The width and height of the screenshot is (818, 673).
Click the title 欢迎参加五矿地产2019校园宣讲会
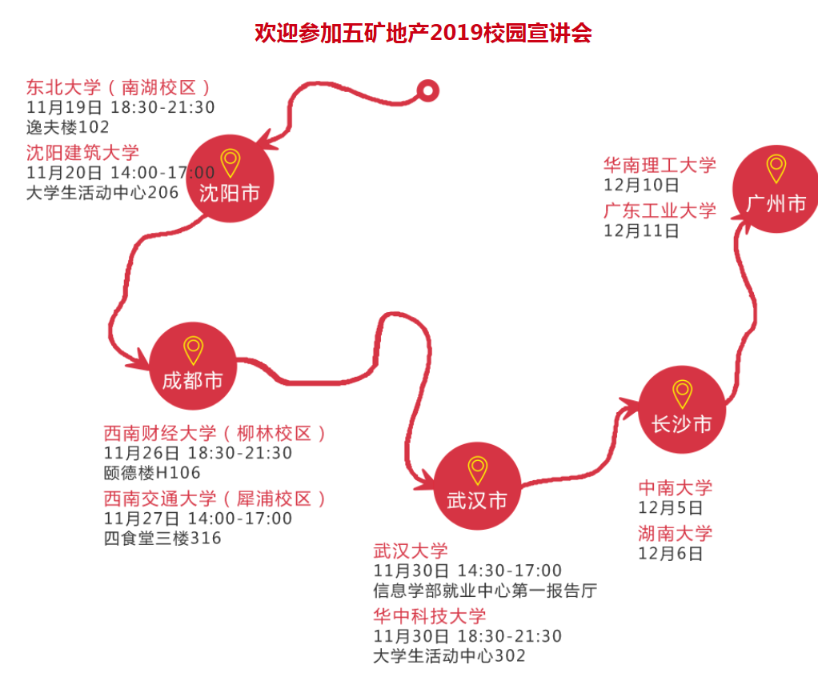tap(423, 33)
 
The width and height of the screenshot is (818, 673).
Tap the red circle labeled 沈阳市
tap(230, 177)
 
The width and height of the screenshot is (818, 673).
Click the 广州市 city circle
tap(776, 189)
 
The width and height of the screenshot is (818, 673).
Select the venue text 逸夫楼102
tap(67, 127)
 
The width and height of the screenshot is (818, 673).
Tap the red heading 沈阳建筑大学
tap(82, 153)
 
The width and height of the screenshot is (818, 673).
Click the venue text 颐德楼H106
tap(152, 473)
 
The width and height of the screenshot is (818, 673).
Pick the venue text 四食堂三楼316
tap(162, 539)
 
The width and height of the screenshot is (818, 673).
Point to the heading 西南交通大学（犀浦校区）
tap(215, 499)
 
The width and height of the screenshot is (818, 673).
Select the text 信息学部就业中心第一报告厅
tap(485, 591)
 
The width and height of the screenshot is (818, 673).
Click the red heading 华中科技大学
tap(430, 616)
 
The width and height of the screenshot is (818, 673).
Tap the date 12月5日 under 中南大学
tap(671, 508)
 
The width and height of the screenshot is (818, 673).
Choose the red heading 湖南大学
tap(675, 533)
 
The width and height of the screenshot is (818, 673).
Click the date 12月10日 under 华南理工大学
tap(641, 186)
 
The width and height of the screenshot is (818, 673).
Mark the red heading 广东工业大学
tap(660, 210)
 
